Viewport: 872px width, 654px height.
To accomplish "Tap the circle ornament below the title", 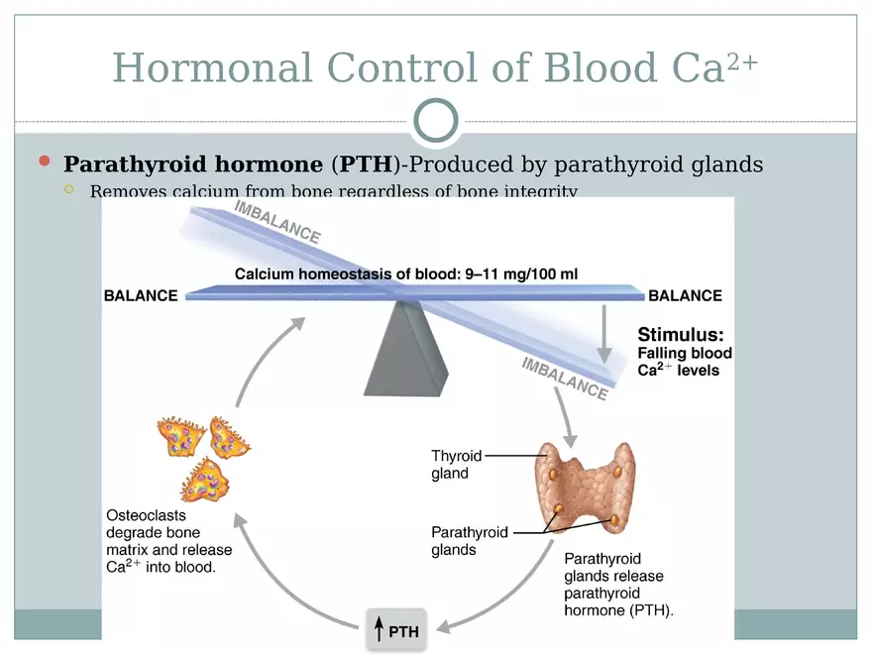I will [435, 120].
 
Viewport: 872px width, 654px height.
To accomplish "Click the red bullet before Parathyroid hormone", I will [44, 162].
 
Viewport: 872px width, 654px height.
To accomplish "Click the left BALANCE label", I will [141, 295].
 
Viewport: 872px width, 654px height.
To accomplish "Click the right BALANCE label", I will [685, 295].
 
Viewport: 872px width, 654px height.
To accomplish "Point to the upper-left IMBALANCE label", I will [276, 221].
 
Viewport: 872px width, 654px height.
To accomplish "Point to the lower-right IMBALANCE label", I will [564, 378].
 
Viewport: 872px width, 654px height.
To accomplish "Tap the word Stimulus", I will [680, 334].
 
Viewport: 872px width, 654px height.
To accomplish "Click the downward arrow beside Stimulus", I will [603, 337].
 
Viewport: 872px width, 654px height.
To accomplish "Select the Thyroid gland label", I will [456, 464].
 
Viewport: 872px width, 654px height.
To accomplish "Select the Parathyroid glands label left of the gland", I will [470, 541].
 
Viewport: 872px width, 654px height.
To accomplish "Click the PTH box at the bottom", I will [396, 630].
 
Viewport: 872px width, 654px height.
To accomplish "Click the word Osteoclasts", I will [146, 515].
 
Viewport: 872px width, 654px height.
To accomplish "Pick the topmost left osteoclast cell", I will [180, 436].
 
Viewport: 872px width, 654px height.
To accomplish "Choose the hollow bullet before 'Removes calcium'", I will [68, 189].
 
